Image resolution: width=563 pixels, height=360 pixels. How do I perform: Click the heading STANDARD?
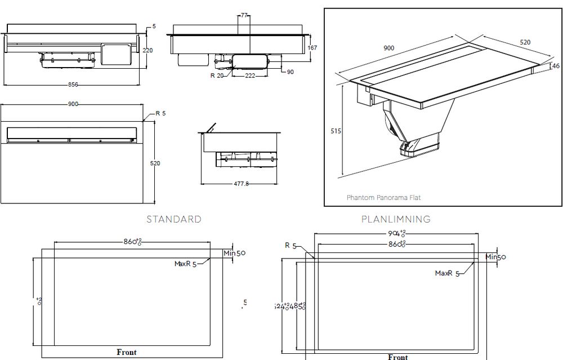coord(173,219)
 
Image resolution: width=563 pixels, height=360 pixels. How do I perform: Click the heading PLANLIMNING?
coord(396,219)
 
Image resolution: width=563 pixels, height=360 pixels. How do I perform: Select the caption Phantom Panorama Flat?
coord(383,198)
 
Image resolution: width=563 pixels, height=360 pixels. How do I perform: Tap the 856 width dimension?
coord(73,85)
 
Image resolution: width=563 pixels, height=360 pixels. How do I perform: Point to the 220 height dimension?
coord(148,50)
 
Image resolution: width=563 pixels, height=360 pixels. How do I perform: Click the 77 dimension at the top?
coord(244,15)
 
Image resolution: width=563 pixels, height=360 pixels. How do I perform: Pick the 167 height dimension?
coord(313,48)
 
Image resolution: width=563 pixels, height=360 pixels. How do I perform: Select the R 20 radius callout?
coord(217,75)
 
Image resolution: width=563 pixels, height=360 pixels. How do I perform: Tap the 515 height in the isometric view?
coord(336,131)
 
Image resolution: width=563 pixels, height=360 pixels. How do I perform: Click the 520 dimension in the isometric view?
coord(525,42)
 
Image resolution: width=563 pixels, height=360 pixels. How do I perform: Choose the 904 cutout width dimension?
coord(395,233)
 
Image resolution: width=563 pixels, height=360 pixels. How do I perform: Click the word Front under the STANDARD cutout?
coord(127,352)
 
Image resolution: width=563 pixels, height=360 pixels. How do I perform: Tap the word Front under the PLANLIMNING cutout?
coord(397,357)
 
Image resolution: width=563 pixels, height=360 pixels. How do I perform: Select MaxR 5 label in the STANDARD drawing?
coord(185,264)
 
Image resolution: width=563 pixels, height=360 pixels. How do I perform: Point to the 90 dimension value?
coord(290,72)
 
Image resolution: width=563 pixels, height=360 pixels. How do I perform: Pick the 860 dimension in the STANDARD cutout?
coord(132,242)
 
